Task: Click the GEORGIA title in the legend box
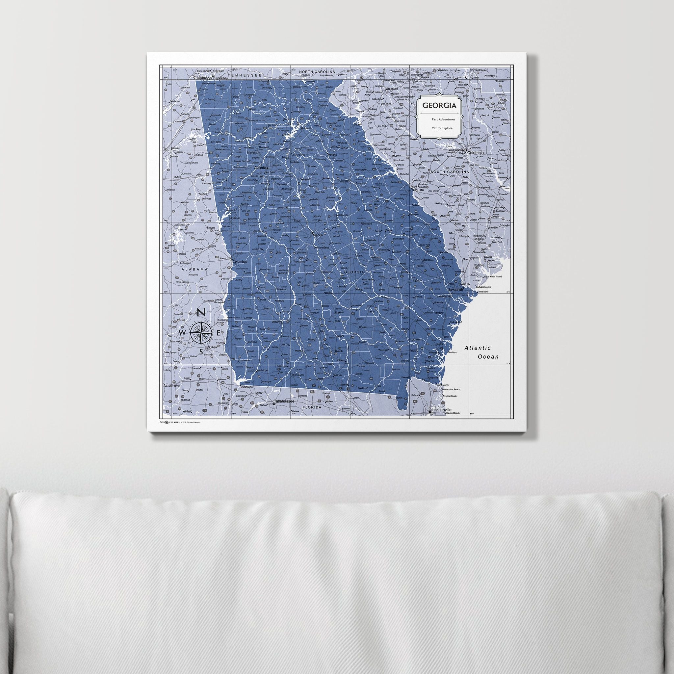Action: (439, 105)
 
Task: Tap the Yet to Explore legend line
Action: (442, 128)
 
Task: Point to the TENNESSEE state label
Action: (244, 75)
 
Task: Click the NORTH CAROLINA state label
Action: (317, 71)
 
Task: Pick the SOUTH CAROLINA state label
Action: (449, 172)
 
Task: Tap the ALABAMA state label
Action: (194, 269)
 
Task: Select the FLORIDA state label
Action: (312, 407)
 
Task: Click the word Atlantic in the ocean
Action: (478, 348)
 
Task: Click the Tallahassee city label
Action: (284, 402)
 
